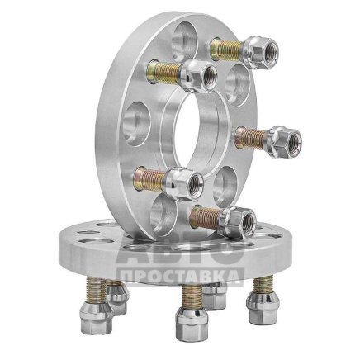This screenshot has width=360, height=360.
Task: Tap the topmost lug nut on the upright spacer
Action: (261, 51)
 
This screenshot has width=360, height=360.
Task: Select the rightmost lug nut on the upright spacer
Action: (284, 141)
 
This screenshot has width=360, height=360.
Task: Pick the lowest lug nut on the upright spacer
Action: (239, 221)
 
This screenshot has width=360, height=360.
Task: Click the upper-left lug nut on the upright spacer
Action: (199, 75)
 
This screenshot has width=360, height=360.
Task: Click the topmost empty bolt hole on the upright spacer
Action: (184, 40)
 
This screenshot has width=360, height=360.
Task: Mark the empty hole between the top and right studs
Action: (238, 85)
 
